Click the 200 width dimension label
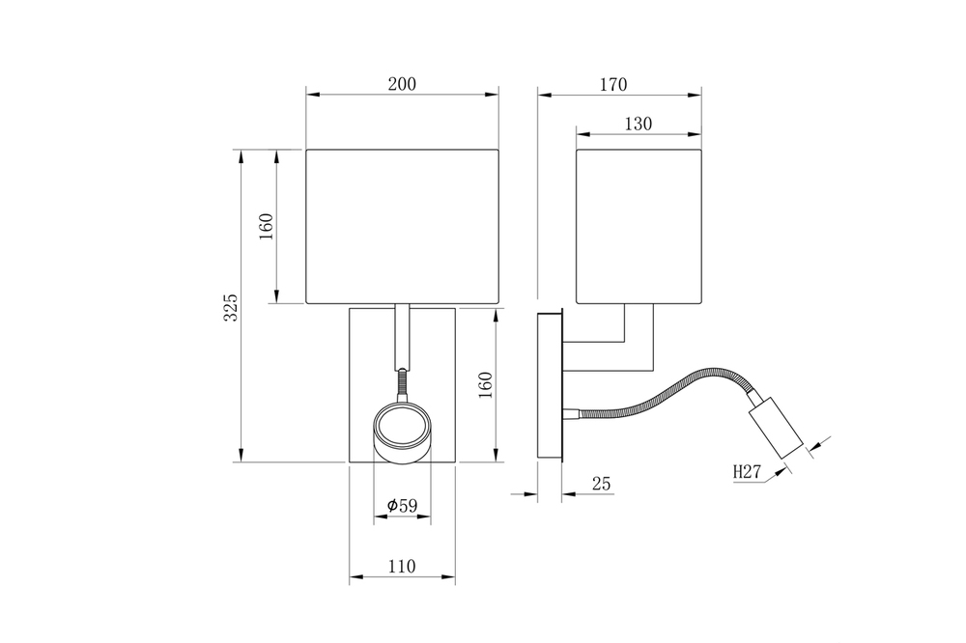point(402,84)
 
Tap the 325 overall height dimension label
point(231,306)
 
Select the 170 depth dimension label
point(613,84)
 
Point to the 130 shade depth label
point(639,124)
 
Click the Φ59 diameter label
point(402,506)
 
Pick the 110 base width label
point(402,566)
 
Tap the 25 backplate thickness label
point(601,484)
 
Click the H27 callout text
point(748,472)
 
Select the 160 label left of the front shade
point(267,227)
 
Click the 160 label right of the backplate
point(486,385)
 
